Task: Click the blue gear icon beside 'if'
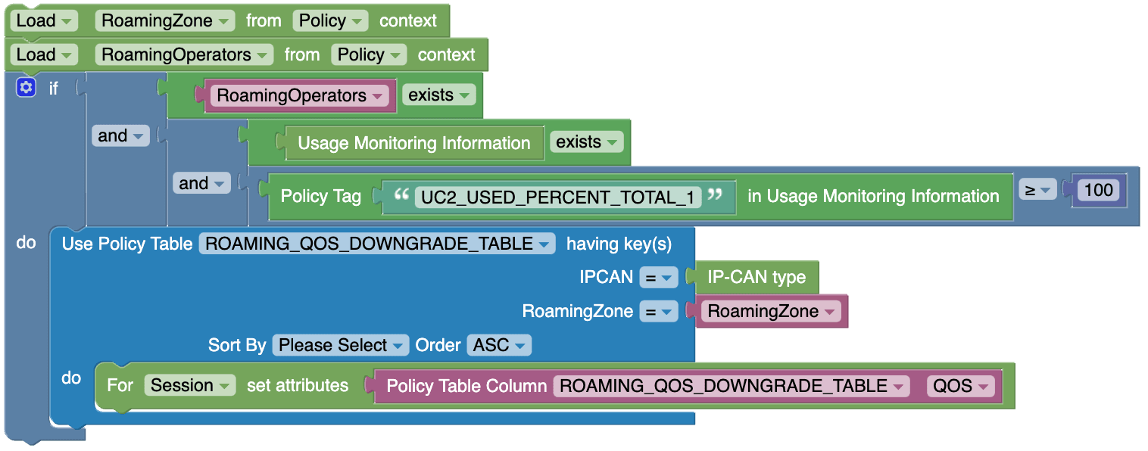[x=26, y=88]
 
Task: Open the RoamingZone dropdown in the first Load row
[x=164, y=20]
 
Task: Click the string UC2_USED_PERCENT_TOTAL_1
[x=558, y=198]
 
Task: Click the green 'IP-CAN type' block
[x=756, y=277]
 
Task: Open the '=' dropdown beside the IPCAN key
[x=657, y=278]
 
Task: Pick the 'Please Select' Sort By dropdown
[x=340, y=345]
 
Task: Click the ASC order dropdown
[x=499, y=345]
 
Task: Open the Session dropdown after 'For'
[x=189, y=385]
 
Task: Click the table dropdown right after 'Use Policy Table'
[x=376, y=244]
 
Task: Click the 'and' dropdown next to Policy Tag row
[x=201, y=183]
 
